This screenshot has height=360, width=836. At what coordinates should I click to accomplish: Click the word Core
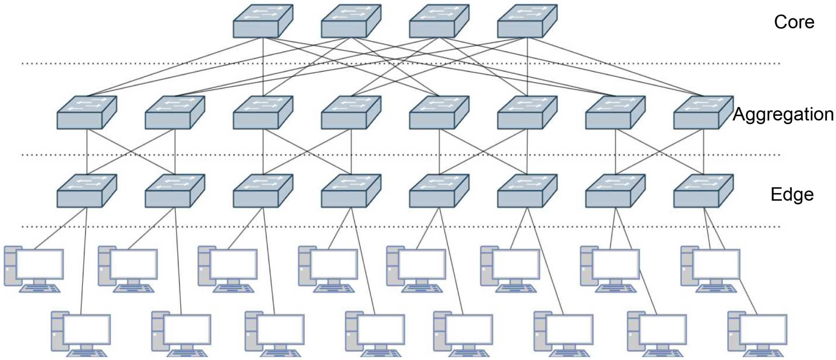coord(793,22)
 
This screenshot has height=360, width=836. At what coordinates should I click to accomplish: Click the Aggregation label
coord(783,114)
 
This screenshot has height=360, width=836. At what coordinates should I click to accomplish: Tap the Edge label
coord(792,194)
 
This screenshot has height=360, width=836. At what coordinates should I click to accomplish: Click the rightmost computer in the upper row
coord(711,268)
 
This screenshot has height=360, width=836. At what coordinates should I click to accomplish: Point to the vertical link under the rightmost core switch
coord(527,67)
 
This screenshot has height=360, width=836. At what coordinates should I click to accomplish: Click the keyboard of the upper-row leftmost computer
coord(40,289)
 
